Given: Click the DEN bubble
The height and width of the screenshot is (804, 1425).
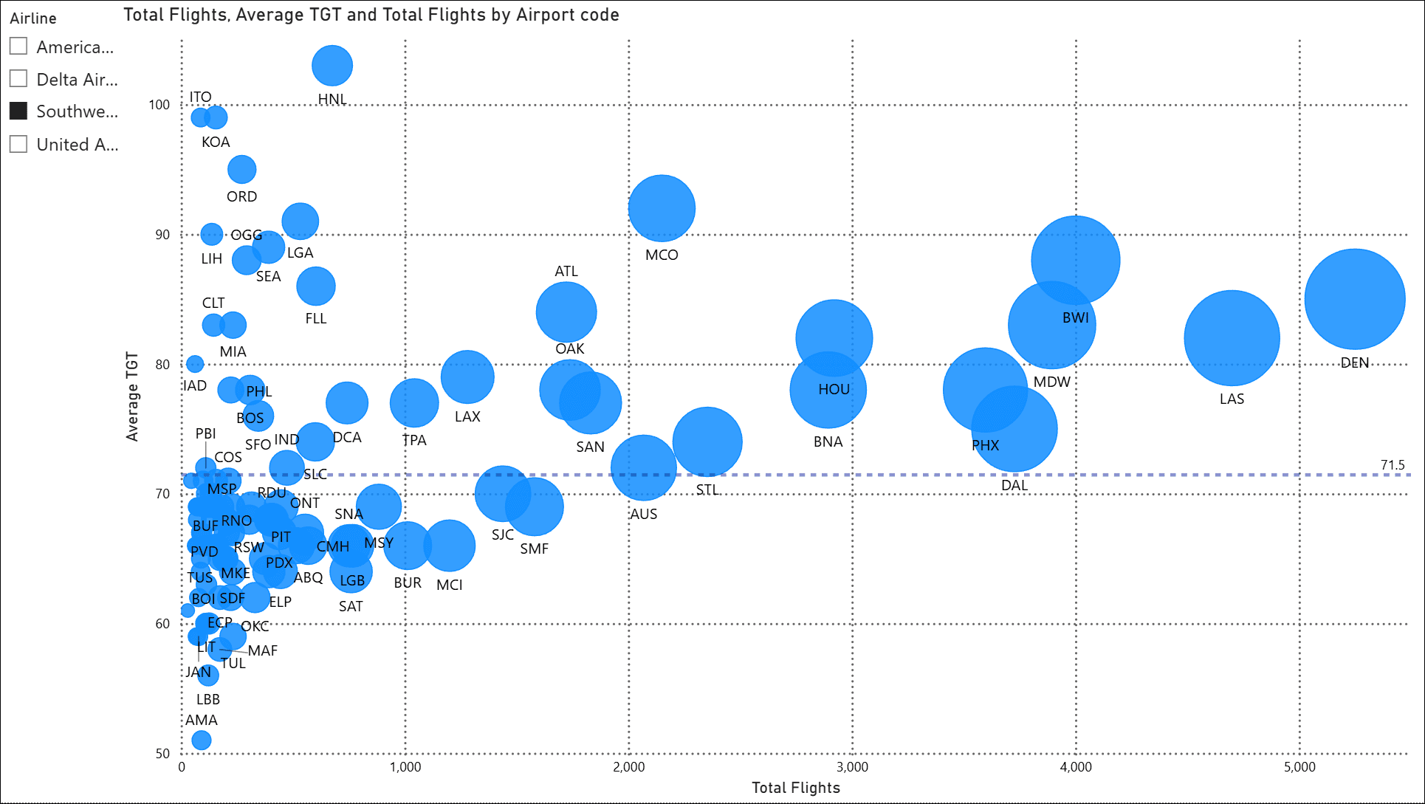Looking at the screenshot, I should click(1354, 299).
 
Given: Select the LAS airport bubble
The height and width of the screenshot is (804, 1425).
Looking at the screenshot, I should click(1231, 338).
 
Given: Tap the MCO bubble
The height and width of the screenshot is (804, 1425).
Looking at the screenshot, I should click(661, 208).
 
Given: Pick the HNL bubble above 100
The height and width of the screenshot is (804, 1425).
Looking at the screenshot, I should click(332, 66).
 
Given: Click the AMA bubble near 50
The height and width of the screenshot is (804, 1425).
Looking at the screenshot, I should click(201, 740).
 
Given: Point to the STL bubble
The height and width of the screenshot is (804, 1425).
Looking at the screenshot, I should click(707, 442).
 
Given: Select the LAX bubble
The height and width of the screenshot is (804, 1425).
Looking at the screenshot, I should click(467, 377).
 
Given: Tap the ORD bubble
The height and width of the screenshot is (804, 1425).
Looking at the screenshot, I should click(241, 170).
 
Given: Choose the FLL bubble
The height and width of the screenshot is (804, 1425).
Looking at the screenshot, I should click(315, 286).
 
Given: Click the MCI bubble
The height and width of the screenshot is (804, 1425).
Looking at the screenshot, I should click(448, 546).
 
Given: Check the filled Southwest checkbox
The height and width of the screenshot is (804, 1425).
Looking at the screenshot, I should click(18, 111).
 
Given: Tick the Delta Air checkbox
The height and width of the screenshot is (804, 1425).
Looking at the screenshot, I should click(18, 79).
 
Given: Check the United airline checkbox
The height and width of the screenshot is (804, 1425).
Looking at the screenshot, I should click(18, 144).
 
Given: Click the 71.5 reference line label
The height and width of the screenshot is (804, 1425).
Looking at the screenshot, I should click(1392, 464).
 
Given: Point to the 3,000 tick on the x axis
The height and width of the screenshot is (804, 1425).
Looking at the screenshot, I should click(852, 767).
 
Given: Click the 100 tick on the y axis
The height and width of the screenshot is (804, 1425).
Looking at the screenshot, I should click(159, 105).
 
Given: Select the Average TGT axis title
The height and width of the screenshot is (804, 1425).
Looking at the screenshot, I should click(132, 396).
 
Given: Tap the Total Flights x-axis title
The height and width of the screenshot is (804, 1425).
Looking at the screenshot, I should click(795, 788).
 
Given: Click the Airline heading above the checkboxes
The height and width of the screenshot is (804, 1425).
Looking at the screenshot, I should click(33, 18).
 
